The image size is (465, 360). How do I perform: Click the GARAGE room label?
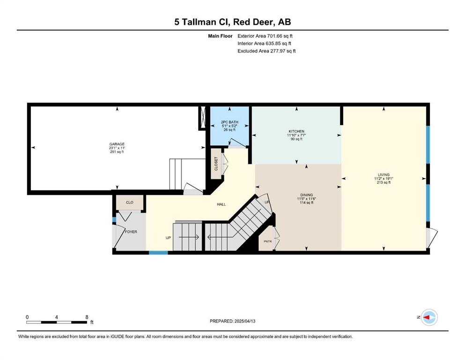(117, 144)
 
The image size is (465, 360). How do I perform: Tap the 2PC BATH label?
(229, 122)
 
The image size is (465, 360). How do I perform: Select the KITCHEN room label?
(296, 131)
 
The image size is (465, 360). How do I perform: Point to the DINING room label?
(307, 195)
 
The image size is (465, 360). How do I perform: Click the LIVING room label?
(384, 175)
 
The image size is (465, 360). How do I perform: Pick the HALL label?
(221, 204)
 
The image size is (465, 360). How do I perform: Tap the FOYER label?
(131, 232)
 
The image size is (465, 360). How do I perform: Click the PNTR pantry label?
(267, 241)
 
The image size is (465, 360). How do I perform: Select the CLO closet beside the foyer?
(130, 202)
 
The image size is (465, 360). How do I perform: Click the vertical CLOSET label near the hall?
(216, 164)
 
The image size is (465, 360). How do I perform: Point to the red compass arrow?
(427, 317)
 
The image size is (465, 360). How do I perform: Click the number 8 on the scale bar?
(87, 317)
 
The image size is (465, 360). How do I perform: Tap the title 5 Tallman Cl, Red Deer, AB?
(232, 22)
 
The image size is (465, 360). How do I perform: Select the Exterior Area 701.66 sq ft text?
(265, 36)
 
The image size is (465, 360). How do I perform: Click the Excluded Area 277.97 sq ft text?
(266, 51)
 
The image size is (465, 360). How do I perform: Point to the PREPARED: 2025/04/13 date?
(232, 321)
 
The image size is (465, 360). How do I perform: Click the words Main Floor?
(220, 36)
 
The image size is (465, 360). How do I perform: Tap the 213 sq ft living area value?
(384, 182)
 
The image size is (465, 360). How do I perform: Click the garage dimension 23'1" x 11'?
(117, 148)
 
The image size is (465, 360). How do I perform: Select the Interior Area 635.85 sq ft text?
(264, 43)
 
